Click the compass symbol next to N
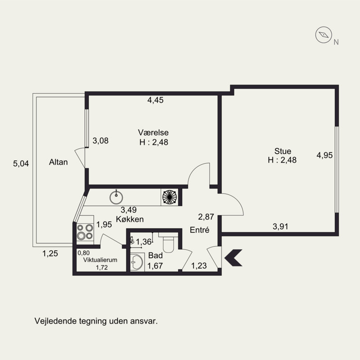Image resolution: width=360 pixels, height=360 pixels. tap(324, 35)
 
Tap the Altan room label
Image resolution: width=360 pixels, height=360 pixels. tap(58, 162)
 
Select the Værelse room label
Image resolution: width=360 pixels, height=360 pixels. tap(153, 132)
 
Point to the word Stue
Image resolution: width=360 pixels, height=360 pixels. tap(283, 151)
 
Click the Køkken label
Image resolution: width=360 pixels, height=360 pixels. tap(130, 219)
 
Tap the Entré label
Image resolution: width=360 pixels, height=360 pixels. tap(199, 230)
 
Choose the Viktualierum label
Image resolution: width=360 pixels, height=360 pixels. tap(100, 260)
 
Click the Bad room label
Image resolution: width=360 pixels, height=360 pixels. tap(155, 255)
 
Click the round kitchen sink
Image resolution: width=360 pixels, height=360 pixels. tap(116, 197)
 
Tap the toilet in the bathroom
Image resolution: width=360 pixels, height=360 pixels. tap(168, 243)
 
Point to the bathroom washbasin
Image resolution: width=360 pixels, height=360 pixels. tap(137, 262)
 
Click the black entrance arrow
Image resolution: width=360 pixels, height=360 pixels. tap(233, 257)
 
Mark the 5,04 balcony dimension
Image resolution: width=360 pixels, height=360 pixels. tap(21, 163)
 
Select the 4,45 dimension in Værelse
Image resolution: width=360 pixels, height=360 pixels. tap(155, 100)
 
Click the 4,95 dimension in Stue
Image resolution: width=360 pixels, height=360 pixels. tap(324, 155)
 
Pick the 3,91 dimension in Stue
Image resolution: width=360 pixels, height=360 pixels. tap(280, 227)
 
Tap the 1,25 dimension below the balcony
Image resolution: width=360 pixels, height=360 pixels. tap(50, 253)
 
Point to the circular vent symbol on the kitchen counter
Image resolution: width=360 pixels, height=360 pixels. tap(170, 197)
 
